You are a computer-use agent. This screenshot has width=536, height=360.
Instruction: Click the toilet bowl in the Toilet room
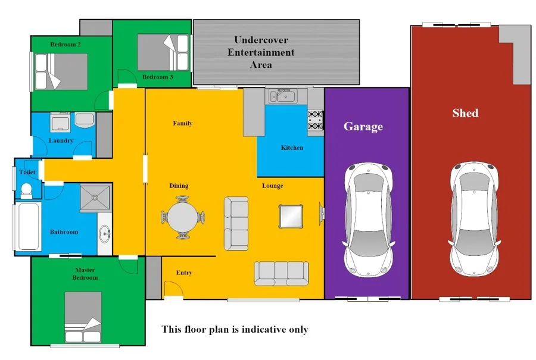click(26, 190)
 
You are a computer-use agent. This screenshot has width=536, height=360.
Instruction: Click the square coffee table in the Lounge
click(291, 215)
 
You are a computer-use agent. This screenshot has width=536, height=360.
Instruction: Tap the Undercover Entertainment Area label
click(261, 52)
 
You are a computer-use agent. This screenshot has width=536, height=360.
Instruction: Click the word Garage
click(363, 126)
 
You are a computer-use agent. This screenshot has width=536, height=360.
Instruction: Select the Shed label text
click(465, 113)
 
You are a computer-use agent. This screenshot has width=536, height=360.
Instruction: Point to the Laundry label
click(61, 141)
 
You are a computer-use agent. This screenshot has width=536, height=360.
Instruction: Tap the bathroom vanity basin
click(105, 233)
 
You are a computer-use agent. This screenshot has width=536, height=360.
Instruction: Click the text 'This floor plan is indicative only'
click(235, 329)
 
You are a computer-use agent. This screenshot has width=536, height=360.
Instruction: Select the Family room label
click(182, 123)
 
